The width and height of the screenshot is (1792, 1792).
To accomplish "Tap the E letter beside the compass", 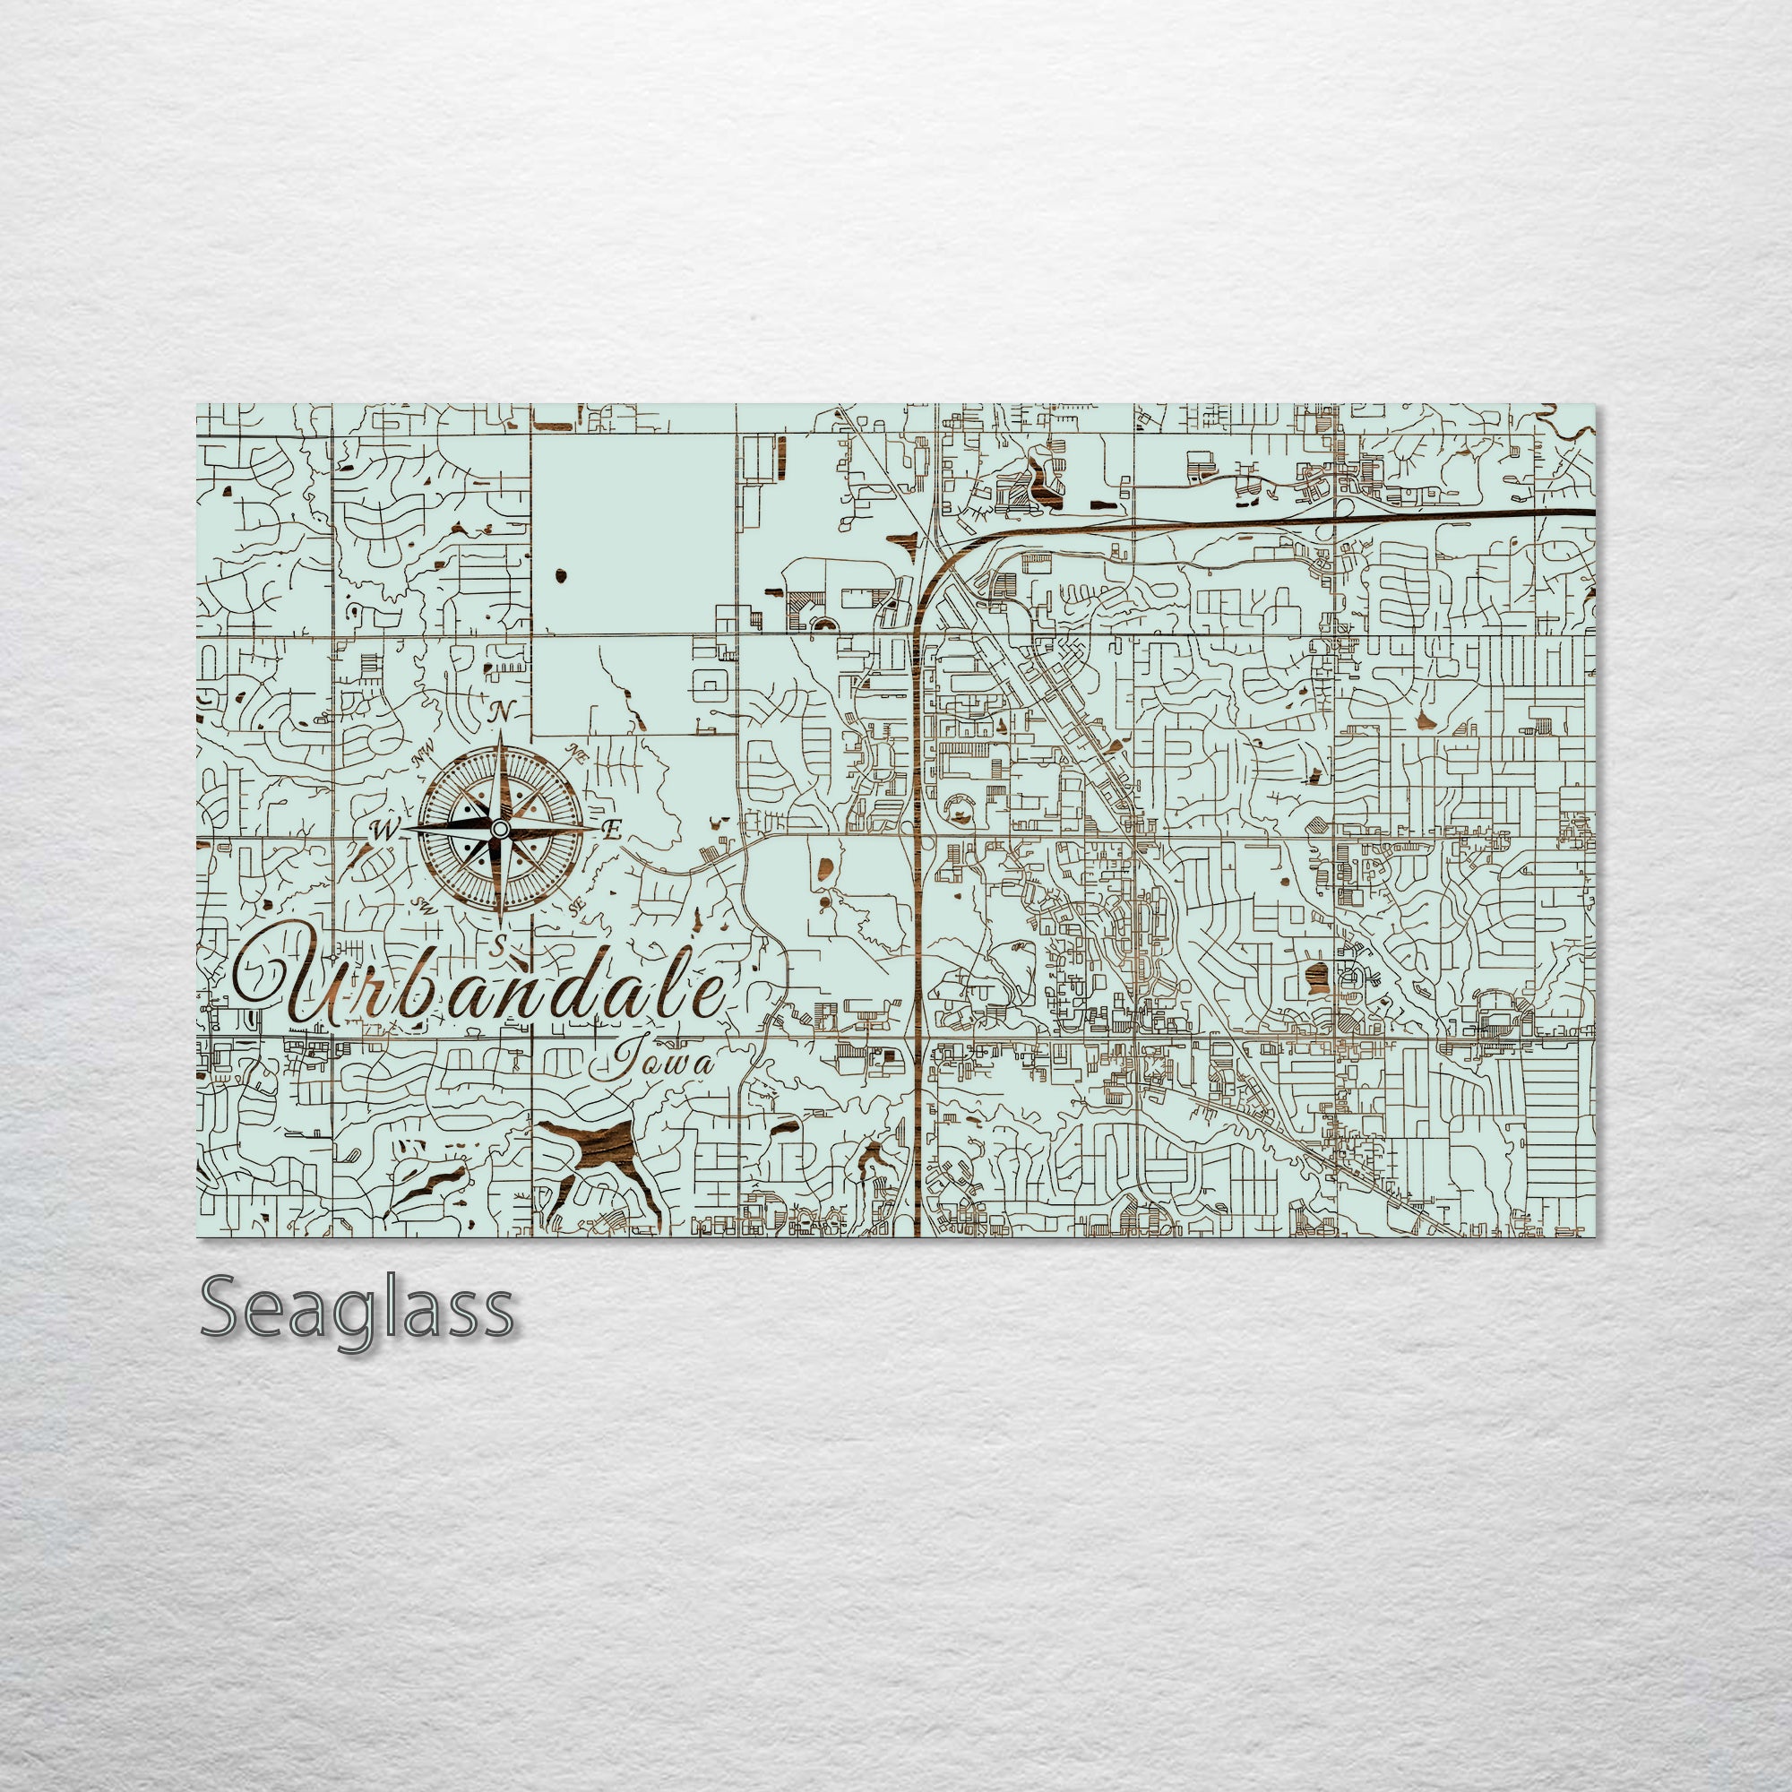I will tap(611, 831).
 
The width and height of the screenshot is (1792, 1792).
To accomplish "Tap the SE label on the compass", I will tap(577, 908).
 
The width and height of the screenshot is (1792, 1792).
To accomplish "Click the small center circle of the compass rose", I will tap(500, 828).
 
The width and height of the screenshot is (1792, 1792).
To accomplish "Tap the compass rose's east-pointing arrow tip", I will tap(598, 827).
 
